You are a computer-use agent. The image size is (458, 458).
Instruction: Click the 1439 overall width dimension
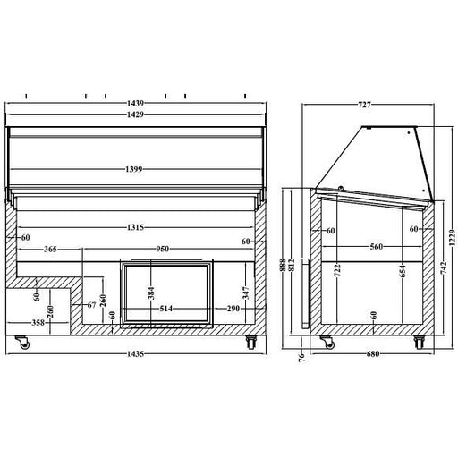tap(135, 104)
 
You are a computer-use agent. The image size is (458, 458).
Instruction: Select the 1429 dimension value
tap(135, 114)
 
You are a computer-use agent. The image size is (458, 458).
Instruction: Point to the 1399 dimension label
tap(133, 169)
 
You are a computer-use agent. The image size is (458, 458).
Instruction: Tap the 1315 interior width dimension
tap(135, 227)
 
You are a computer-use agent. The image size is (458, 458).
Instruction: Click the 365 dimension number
tap(50, 249)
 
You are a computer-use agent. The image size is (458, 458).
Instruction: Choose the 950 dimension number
tap(163, 249)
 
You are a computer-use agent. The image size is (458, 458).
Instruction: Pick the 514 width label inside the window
tap(166, 309)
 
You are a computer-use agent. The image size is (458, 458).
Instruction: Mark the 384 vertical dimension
tap(151, 293)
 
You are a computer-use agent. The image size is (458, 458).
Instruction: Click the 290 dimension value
tap(233, 309)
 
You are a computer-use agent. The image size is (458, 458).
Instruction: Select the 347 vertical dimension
tap(245, 293)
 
